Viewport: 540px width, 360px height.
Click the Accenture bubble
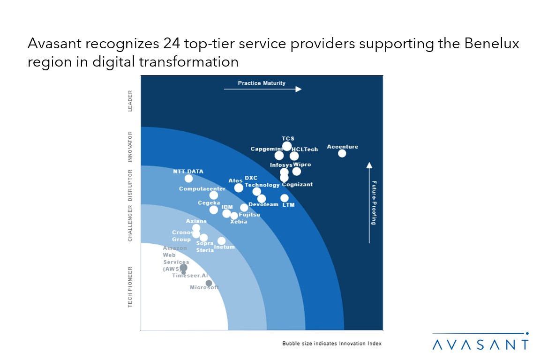click(x=342, y=153)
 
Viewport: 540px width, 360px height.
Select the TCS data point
click(x=287, y=146)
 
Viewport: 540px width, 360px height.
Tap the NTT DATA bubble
click(x=188, y=179)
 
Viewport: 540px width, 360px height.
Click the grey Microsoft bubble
click(x=209, y=283)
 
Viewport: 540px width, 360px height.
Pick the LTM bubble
click(x=285, y=198)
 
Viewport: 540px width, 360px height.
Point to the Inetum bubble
click(x=221, y=241)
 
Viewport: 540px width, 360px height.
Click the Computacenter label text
click(x=202, y=189)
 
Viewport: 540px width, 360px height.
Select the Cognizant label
click(x=297, y=185)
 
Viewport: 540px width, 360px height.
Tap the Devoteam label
click(x=263, y=204)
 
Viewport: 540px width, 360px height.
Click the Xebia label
click(x=239, y=222)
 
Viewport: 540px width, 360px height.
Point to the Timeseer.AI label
click(x=190, y=276)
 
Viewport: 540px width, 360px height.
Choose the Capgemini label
click(x=266, y=149)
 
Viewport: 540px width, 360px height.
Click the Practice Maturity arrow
click(x=262, y=89)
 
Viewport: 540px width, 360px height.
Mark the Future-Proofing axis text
click(x=374, y=202)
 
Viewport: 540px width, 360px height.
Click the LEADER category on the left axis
click(x=130, y=101)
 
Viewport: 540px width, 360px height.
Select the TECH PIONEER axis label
click(x=130, y=287)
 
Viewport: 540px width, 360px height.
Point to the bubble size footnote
click(x=332, y=344)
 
